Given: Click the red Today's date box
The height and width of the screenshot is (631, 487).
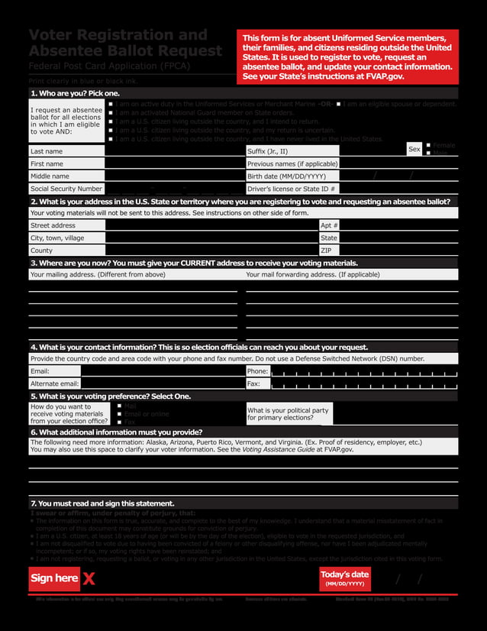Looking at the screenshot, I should point(344,579).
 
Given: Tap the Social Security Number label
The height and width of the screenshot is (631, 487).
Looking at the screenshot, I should point(66,188).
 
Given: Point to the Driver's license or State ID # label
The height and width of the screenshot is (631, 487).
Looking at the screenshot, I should point(292,188).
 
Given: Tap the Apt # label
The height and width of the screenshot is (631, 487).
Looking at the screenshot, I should point(328,225).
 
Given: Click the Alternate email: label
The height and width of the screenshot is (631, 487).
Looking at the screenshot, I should point(53,383).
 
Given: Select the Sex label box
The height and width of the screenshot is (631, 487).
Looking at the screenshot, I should point(414,150).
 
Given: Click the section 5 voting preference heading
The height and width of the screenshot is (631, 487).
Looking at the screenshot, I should point(110,396).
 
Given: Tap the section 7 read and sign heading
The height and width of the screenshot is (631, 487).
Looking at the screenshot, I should point(102,503).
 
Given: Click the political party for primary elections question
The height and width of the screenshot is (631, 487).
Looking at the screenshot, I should point(289,414).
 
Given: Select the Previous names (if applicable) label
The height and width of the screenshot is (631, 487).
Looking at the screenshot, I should point(292,163).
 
